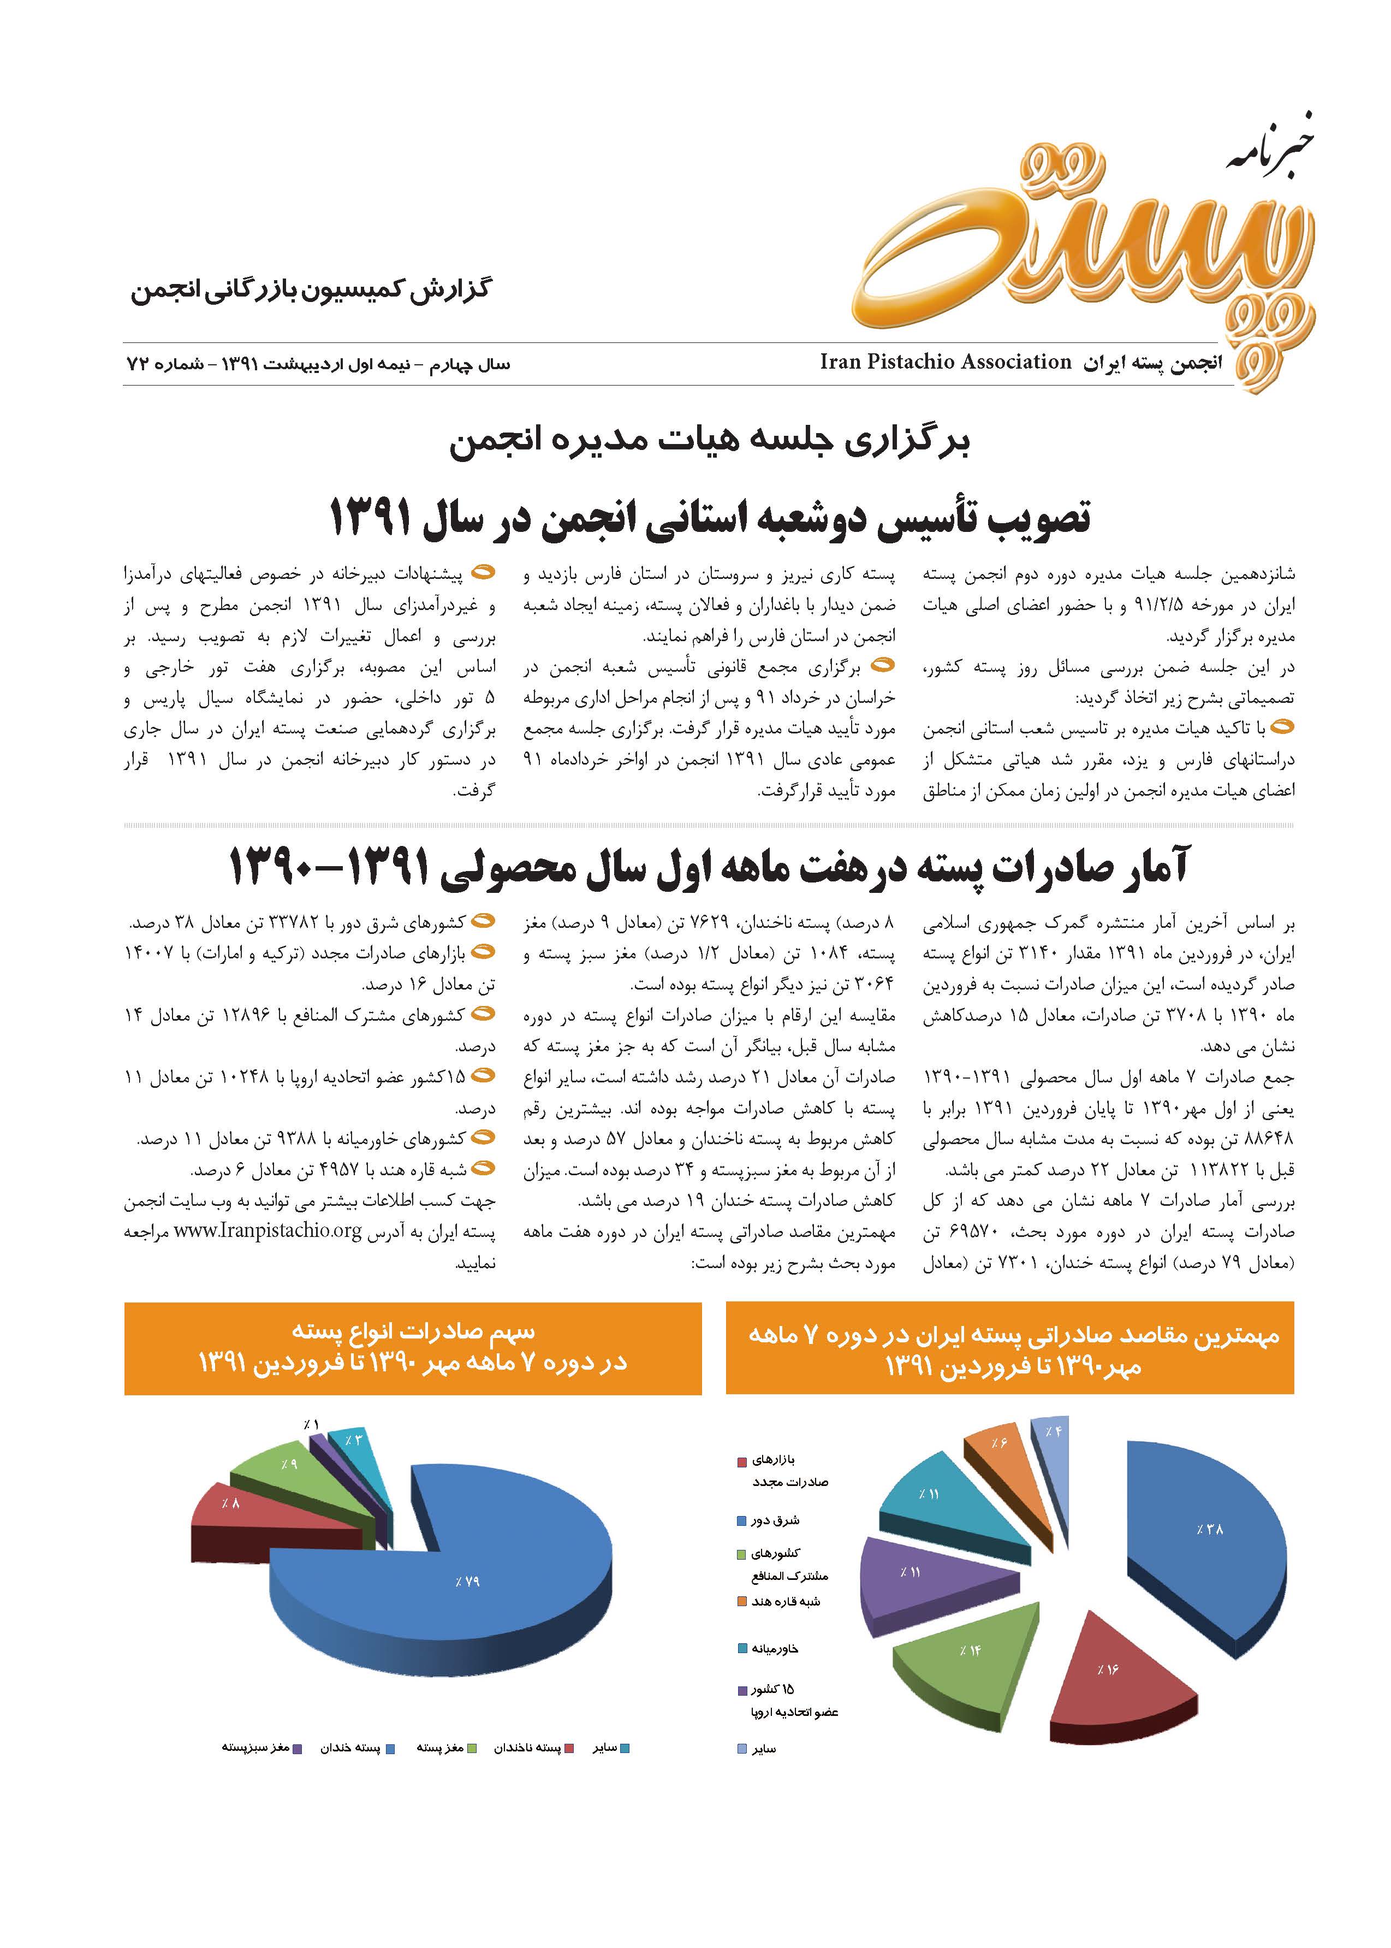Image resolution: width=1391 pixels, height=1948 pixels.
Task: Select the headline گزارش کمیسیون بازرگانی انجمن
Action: coord(310,289)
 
